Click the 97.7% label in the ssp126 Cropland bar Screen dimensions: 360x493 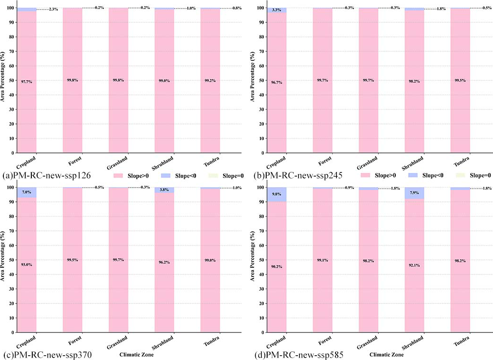pos(27,82)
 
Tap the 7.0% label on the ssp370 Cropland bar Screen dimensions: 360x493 pos(27,192)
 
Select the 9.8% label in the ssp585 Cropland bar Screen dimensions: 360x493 pos(277,194)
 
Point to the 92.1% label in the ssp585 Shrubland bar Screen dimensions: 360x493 pos(414,265)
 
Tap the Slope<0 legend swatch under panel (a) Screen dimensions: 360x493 pos(173,176)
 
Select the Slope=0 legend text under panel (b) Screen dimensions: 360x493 pos(480,176)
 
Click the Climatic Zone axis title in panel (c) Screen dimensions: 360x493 pos(136,354)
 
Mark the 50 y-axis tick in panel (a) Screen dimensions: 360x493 pos(10,81)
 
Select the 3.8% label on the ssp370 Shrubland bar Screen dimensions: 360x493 pos(164,190)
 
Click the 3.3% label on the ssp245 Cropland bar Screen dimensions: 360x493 pos(277,9)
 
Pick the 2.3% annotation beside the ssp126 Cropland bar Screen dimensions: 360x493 pos(53,9)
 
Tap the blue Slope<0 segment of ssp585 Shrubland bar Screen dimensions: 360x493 pos(414,193)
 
